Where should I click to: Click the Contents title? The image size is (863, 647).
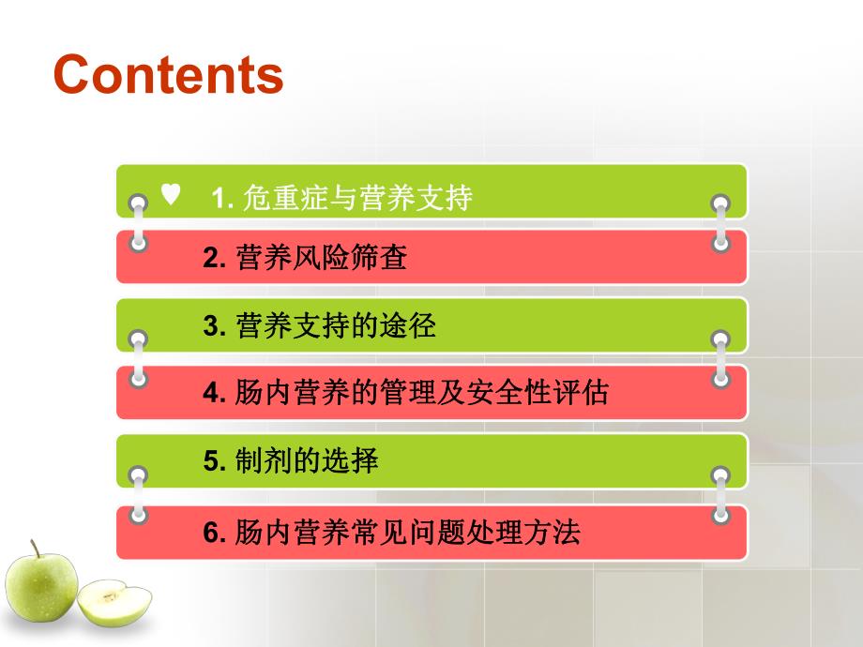coord(169,74)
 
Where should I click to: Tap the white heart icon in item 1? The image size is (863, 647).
coord(170,194)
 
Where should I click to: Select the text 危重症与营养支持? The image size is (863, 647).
coord(356,198)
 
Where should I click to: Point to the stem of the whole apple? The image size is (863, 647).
coord(35,548)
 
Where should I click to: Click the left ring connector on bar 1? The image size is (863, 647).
coord(139,203)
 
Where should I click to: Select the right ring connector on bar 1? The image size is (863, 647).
coord(720,203)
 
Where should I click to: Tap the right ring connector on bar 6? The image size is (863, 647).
coord(720,515)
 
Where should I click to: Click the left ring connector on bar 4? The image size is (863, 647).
coord(139,379)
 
